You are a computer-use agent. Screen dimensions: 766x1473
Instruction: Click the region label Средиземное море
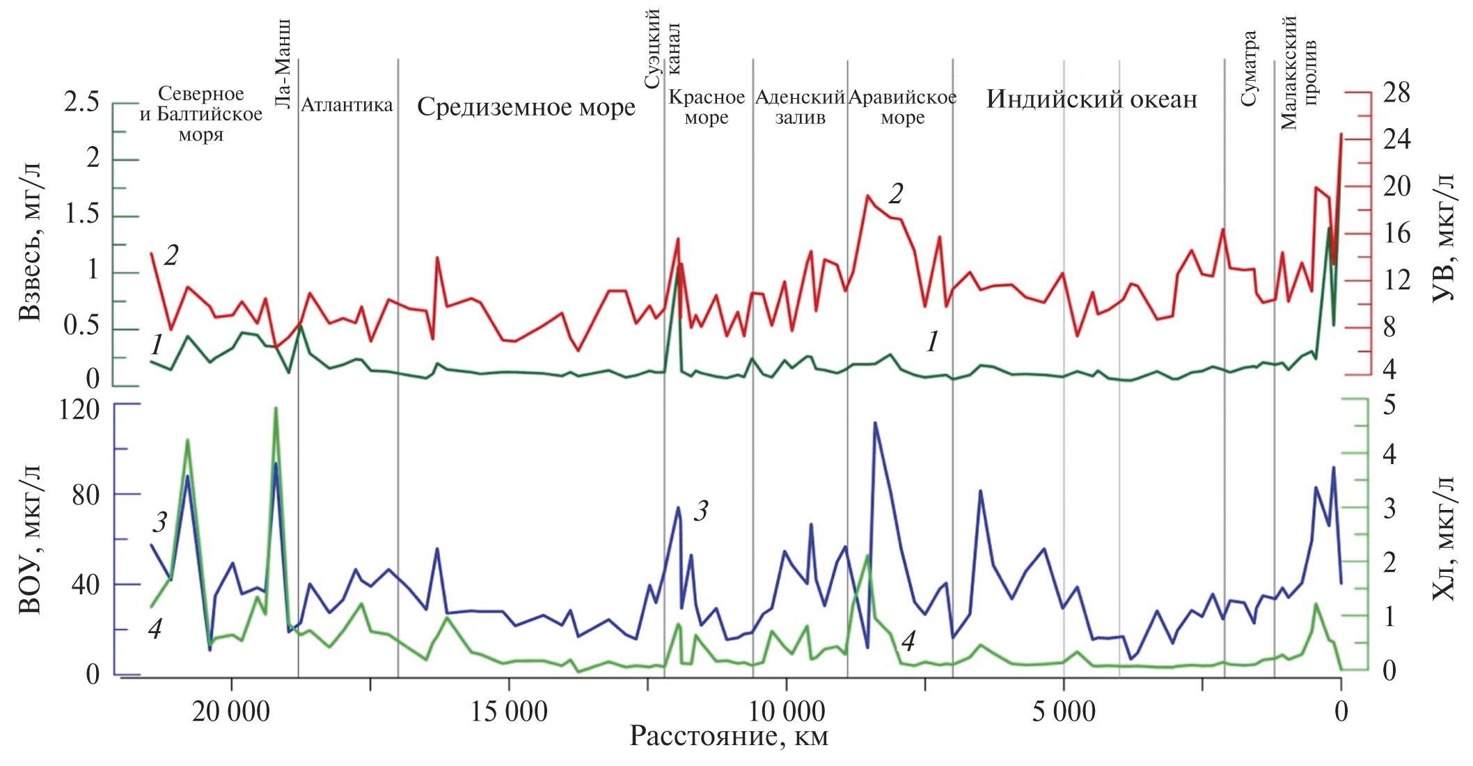[x=526, y=108]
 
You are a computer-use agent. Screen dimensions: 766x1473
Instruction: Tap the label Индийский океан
[x=1091, y=99]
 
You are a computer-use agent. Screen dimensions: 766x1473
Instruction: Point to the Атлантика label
[x=347, y=106]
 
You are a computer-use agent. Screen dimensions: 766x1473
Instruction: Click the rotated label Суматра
[x=1249, y=68]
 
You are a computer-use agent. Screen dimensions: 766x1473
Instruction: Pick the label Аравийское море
[x=902, y=107]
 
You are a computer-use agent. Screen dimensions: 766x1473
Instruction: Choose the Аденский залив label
[x=800, y=107]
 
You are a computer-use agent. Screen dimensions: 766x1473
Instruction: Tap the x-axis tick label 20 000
[x=231, y=711]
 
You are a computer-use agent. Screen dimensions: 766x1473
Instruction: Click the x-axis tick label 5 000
[x=1063, y=711]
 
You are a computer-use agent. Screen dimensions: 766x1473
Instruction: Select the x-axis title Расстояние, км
[x=729, y=737]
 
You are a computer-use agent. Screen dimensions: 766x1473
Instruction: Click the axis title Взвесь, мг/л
[x=29, y=241]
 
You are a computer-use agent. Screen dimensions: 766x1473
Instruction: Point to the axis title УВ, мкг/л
[x=1443, y=237]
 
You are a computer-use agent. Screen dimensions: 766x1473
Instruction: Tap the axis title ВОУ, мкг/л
[x=29, y=540]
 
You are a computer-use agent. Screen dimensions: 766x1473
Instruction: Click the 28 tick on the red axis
[x=1396, y=93]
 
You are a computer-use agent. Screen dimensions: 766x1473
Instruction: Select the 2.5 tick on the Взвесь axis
[x=81, y=102]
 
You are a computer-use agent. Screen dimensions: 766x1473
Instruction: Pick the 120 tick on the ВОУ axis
[x=79, y=409]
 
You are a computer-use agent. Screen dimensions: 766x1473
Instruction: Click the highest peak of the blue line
[x=874, y=422]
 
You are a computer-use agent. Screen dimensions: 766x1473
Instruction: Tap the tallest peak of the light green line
[x=276, y=408]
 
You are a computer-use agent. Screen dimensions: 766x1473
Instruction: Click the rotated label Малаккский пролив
[x=1298, y=73]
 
